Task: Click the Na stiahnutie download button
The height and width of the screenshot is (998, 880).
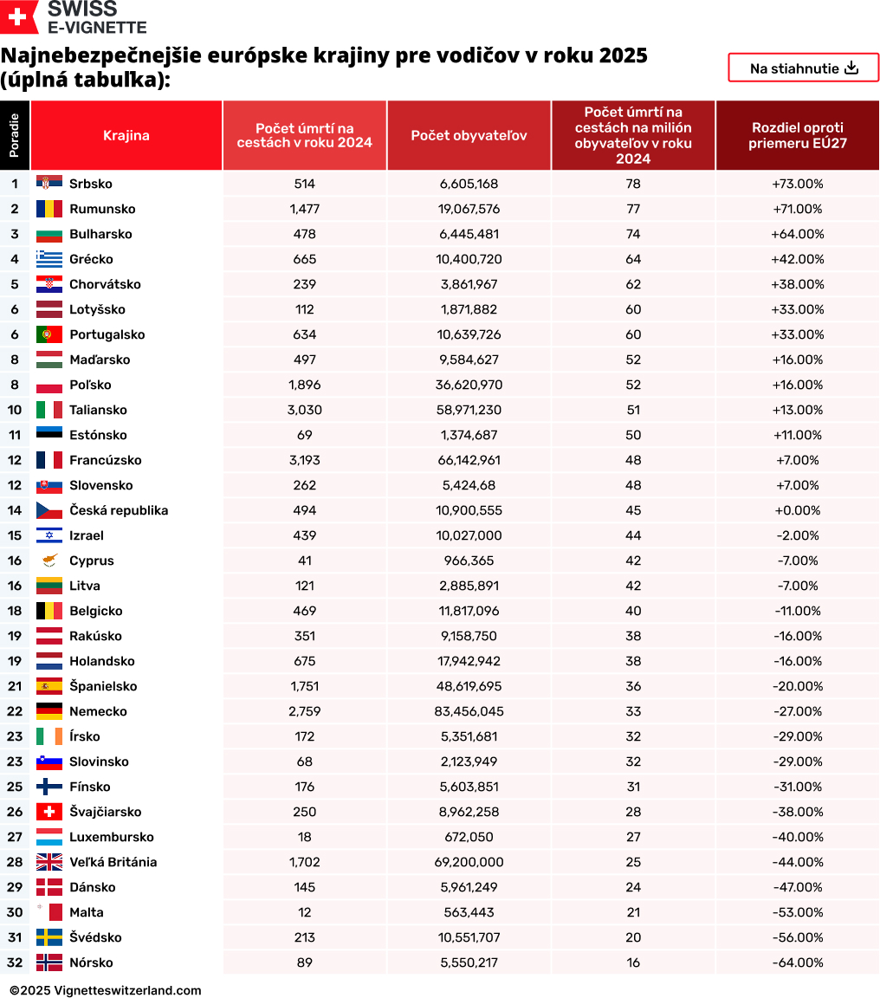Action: pyautogui.click(x=803, y=68)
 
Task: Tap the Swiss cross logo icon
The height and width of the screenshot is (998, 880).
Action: pyautogui.click(x=20, y=17)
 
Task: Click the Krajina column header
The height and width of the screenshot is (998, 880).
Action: pyautogui.click(x=126, y=135)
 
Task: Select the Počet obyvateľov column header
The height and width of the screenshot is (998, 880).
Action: pyautogui.click(x=469, y=135)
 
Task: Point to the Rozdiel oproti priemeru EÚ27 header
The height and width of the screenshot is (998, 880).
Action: pyautogui.click(x=797, y=135)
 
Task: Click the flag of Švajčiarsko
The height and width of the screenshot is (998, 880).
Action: pyautogui.click(x=49, y=812)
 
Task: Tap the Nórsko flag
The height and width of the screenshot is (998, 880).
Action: pyautogui.click(x=49, y=962)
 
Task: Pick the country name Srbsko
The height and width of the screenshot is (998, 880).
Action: pyautogui.click(x=91, y=184)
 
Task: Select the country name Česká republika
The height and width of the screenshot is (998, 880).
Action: pyautogui.click(x=119, y=510)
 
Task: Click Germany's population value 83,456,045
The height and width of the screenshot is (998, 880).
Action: pyautogui.click(x=469, y=711)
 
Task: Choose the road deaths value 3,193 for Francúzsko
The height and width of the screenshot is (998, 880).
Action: pyautogui.click(x=304, y=460)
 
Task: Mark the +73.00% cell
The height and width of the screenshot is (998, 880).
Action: pyautogui.click(x=797, y=184)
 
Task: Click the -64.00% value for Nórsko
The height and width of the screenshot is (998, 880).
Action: pyautogui.click(x=797, y=962)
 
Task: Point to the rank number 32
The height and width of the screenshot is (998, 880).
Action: pyautogui.click(x=15, y=962)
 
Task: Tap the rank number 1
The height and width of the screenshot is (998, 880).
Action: pyautogui.click(x=15, y=184)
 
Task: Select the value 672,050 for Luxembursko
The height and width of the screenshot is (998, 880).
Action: pyautogui.click(x=469, y=837)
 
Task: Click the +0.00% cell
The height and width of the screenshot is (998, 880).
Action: pyautogui.click(x=797, y=510)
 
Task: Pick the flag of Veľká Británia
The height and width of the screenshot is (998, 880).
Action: pyautogui.click(x=49, y=862)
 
